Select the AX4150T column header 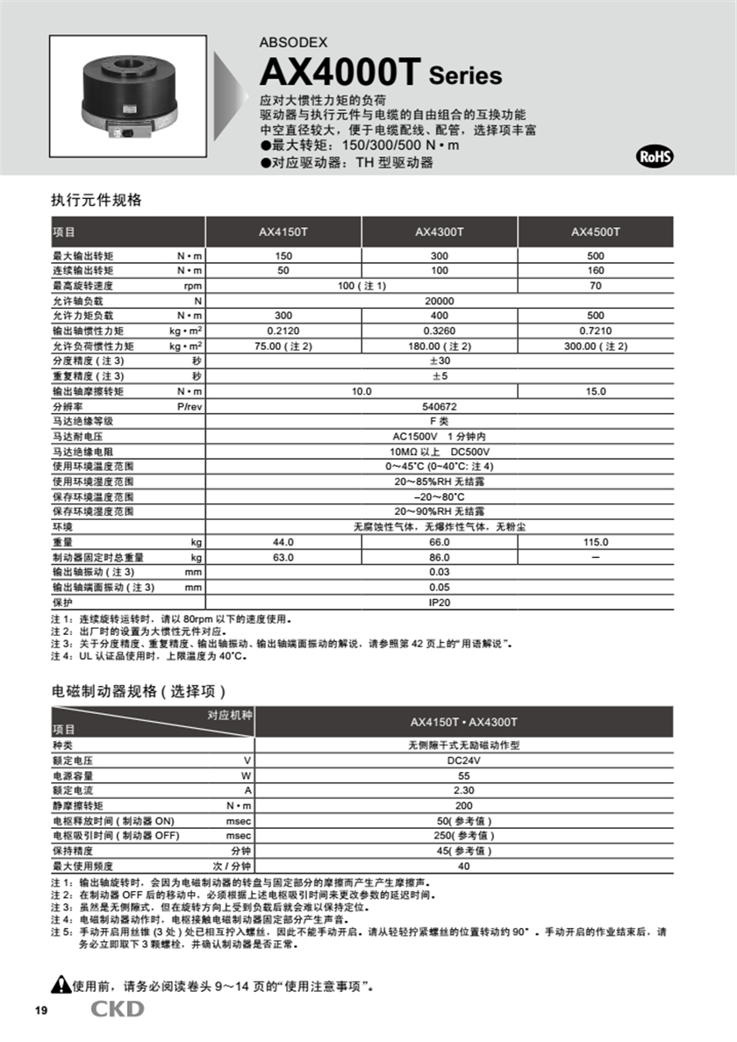pos(283,232)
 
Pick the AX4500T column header pos(596,232)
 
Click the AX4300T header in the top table pos(440,232)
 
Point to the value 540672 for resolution pos(440,406)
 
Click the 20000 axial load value pos(440,301)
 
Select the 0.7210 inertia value pos(596,331)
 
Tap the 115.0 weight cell pos(596,543)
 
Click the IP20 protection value pos(440,603)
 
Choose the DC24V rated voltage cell pos(464,760)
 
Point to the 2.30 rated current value pos(464,790)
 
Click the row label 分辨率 pos(67,406)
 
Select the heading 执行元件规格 pos(97,200)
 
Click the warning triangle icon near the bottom pos(61,984)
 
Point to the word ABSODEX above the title pos(292,41)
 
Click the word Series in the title pos(465,75)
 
